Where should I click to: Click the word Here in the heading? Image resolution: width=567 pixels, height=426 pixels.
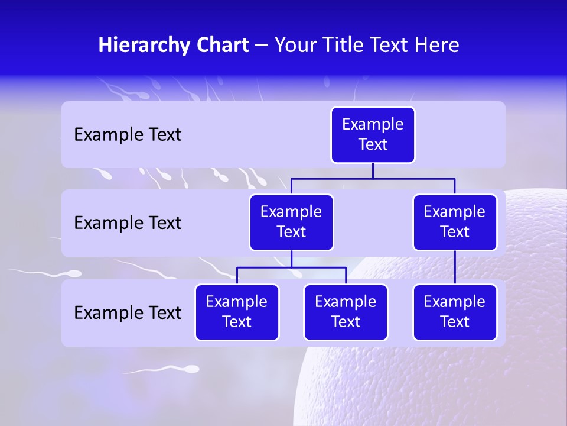coord(436,46)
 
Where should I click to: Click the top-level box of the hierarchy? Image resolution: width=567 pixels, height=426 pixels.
coord(373,135)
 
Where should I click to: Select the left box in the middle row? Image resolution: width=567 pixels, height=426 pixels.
coord(291,222)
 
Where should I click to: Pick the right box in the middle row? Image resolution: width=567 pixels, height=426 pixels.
coord(455,222)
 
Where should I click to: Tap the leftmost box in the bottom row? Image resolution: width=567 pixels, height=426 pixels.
coord(237,312)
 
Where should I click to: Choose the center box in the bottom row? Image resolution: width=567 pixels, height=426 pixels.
coord(346,312)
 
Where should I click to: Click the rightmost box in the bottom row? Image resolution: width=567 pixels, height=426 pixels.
coord(455,312)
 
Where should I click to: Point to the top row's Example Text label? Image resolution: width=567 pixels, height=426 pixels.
coord(128,135)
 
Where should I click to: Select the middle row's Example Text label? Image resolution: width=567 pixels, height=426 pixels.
coord(128,223)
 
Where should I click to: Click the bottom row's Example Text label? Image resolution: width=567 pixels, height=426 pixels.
coord(128,312)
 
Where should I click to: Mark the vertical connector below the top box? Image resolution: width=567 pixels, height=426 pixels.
coord(373,170)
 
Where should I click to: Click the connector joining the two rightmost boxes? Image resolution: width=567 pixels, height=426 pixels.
coord(455,267)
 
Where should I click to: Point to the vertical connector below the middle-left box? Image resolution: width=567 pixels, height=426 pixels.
coord(291,259)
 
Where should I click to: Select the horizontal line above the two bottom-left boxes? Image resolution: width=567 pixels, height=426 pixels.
coord(291,267)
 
